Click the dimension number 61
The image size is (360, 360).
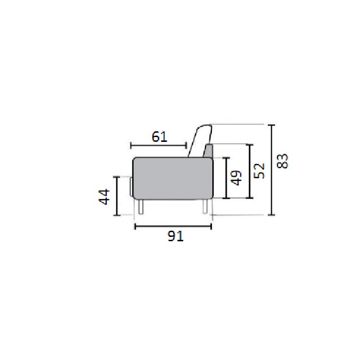pos(160,137)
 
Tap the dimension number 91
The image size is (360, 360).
pos(176,236)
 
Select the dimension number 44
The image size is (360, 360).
pos(104,196)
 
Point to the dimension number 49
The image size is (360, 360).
pos(236,178)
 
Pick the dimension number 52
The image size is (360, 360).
pos(259,171)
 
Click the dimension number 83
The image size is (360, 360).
pos(282,161)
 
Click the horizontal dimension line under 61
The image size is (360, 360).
pos(159,146)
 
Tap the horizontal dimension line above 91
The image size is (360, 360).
pos(173,227)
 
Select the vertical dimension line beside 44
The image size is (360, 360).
pos(117,196)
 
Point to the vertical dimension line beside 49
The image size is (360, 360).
pos(226,178)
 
